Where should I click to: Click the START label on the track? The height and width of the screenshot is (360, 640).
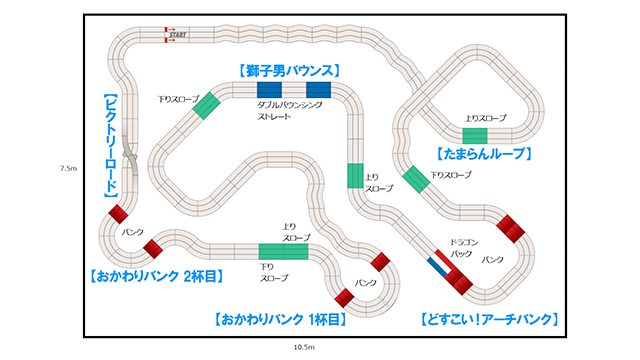(179, 35)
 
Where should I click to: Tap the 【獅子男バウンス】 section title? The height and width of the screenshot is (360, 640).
(290, 71)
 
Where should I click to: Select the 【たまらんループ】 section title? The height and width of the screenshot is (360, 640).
(483, 155)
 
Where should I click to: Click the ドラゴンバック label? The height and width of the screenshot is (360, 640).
(461, 248)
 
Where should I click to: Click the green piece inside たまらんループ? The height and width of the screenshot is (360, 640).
(475, 135)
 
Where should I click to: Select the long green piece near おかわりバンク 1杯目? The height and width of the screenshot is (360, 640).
(283, 251)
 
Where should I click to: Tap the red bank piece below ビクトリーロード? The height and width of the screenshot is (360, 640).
(119, 213)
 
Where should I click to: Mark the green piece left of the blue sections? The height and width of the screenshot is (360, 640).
(208, 106)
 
